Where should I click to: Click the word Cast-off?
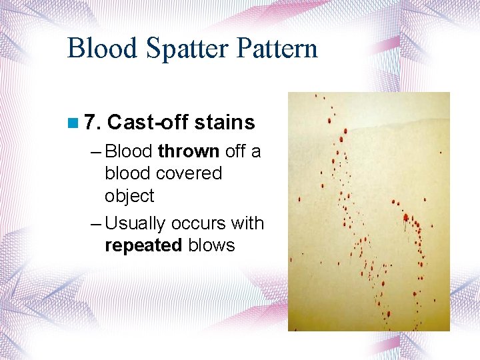147,123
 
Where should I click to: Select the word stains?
224,123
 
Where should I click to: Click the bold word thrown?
189,151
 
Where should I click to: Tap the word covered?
191,173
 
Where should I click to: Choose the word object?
129,196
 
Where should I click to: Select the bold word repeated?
143,245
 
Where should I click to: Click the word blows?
211,245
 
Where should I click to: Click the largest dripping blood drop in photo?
405,217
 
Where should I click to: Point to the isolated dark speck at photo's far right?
441,153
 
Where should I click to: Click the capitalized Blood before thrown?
129,151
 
